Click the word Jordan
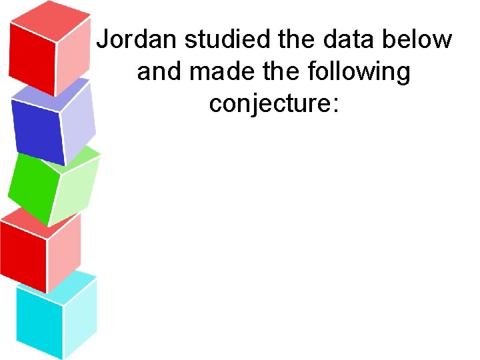137,41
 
